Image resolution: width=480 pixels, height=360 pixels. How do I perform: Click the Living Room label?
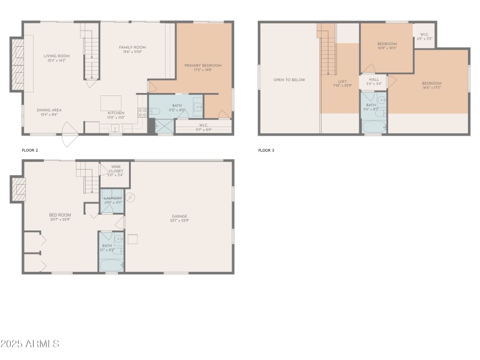tap(57, 56)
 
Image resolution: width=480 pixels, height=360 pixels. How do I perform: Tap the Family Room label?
tap(133, 47)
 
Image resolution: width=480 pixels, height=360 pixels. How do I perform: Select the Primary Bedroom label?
tap(203, 65)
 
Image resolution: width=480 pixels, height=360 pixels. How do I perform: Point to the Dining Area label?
tap(49, 110)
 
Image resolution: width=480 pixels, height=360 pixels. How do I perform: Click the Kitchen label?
tap(116, 113)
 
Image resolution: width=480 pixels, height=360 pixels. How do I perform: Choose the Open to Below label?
tap(289, 80)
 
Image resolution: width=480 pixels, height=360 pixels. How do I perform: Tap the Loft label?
tap(343, 82)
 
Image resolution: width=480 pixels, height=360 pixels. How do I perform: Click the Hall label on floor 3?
tap(374, 79)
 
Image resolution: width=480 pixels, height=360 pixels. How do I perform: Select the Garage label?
tap(179, 217)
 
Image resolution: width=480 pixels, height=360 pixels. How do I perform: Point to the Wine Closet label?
tap(116, 171)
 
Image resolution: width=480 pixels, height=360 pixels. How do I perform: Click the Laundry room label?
tap(113, 199)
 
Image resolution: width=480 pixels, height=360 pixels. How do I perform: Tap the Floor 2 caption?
tap(29, 150)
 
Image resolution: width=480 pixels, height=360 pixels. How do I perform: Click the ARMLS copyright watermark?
tap(30, 344)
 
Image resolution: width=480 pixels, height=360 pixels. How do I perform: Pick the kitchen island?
tap(110, 101)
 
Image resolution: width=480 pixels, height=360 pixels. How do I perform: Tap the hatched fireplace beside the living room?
tap(17, 65)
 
